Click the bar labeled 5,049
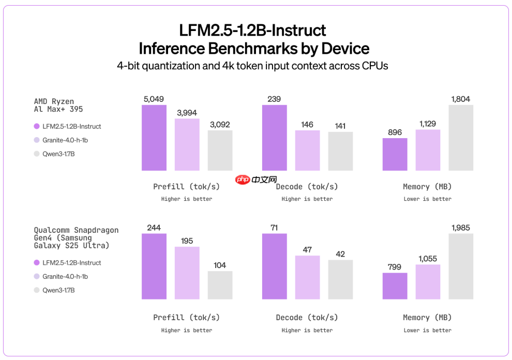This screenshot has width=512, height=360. (154, 138)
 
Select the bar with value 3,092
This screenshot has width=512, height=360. (220, 150)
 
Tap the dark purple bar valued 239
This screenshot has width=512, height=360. (274, 138)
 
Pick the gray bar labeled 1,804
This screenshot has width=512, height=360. (461, 138)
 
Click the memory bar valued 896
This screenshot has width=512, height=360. (395, 154)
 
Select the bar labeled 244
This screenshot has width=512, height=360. (154, 266)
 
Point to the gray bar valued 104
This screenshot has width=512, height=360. (220, 285)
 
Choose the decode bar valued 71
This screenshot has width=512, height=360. (274, 266)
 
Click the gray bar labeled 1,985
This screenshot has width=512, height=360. (461, 266)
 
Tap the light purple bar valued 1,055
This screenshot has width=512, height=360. (428, 282)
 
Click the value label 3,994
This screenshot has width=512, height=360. (187, 113)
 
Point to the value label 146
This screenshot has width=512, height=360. (307, 125)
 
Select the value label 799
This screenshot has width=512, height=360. (395, 267)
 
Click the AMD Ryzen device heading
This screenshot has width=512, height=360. (58, 105)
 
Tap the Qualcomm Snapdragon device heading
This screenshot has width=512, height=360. (76, 237)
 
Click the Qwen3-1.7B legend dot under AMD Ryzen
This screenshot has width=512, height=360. (37, 154)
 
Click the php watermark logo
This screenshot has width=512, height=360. (250, 179)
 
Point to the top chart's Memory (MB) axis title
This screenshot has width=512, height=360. (427, 186)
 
